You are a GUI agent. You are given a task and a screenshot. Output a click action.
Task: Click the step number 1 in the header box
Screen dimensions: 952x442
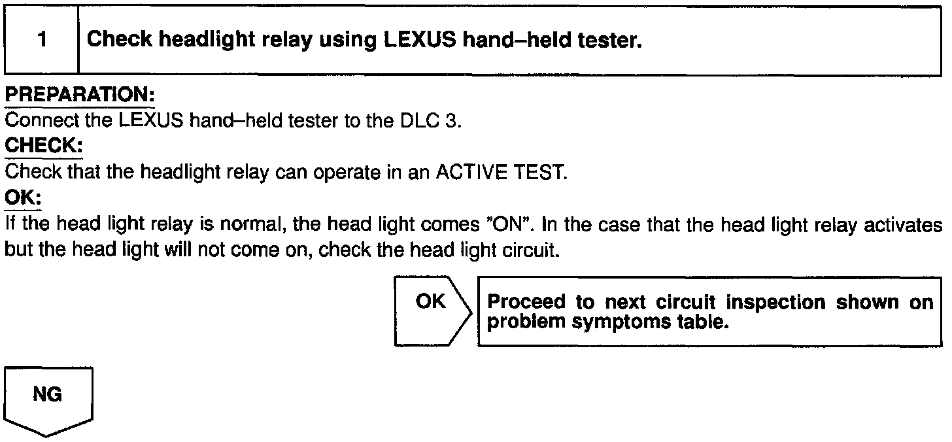click(x=42, y=41)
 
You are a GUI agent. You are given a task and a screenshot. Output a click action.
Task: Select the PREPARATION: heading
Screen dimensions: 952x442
click(x=79, y=95)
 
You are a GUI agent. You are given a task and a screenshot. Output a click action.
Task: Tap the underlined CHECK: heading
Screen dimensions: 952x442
click(x=43, y=146)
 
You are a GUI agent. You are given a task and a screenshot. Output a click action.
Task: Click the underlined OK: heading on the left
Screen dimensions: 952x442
click(x=23, y=197)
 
